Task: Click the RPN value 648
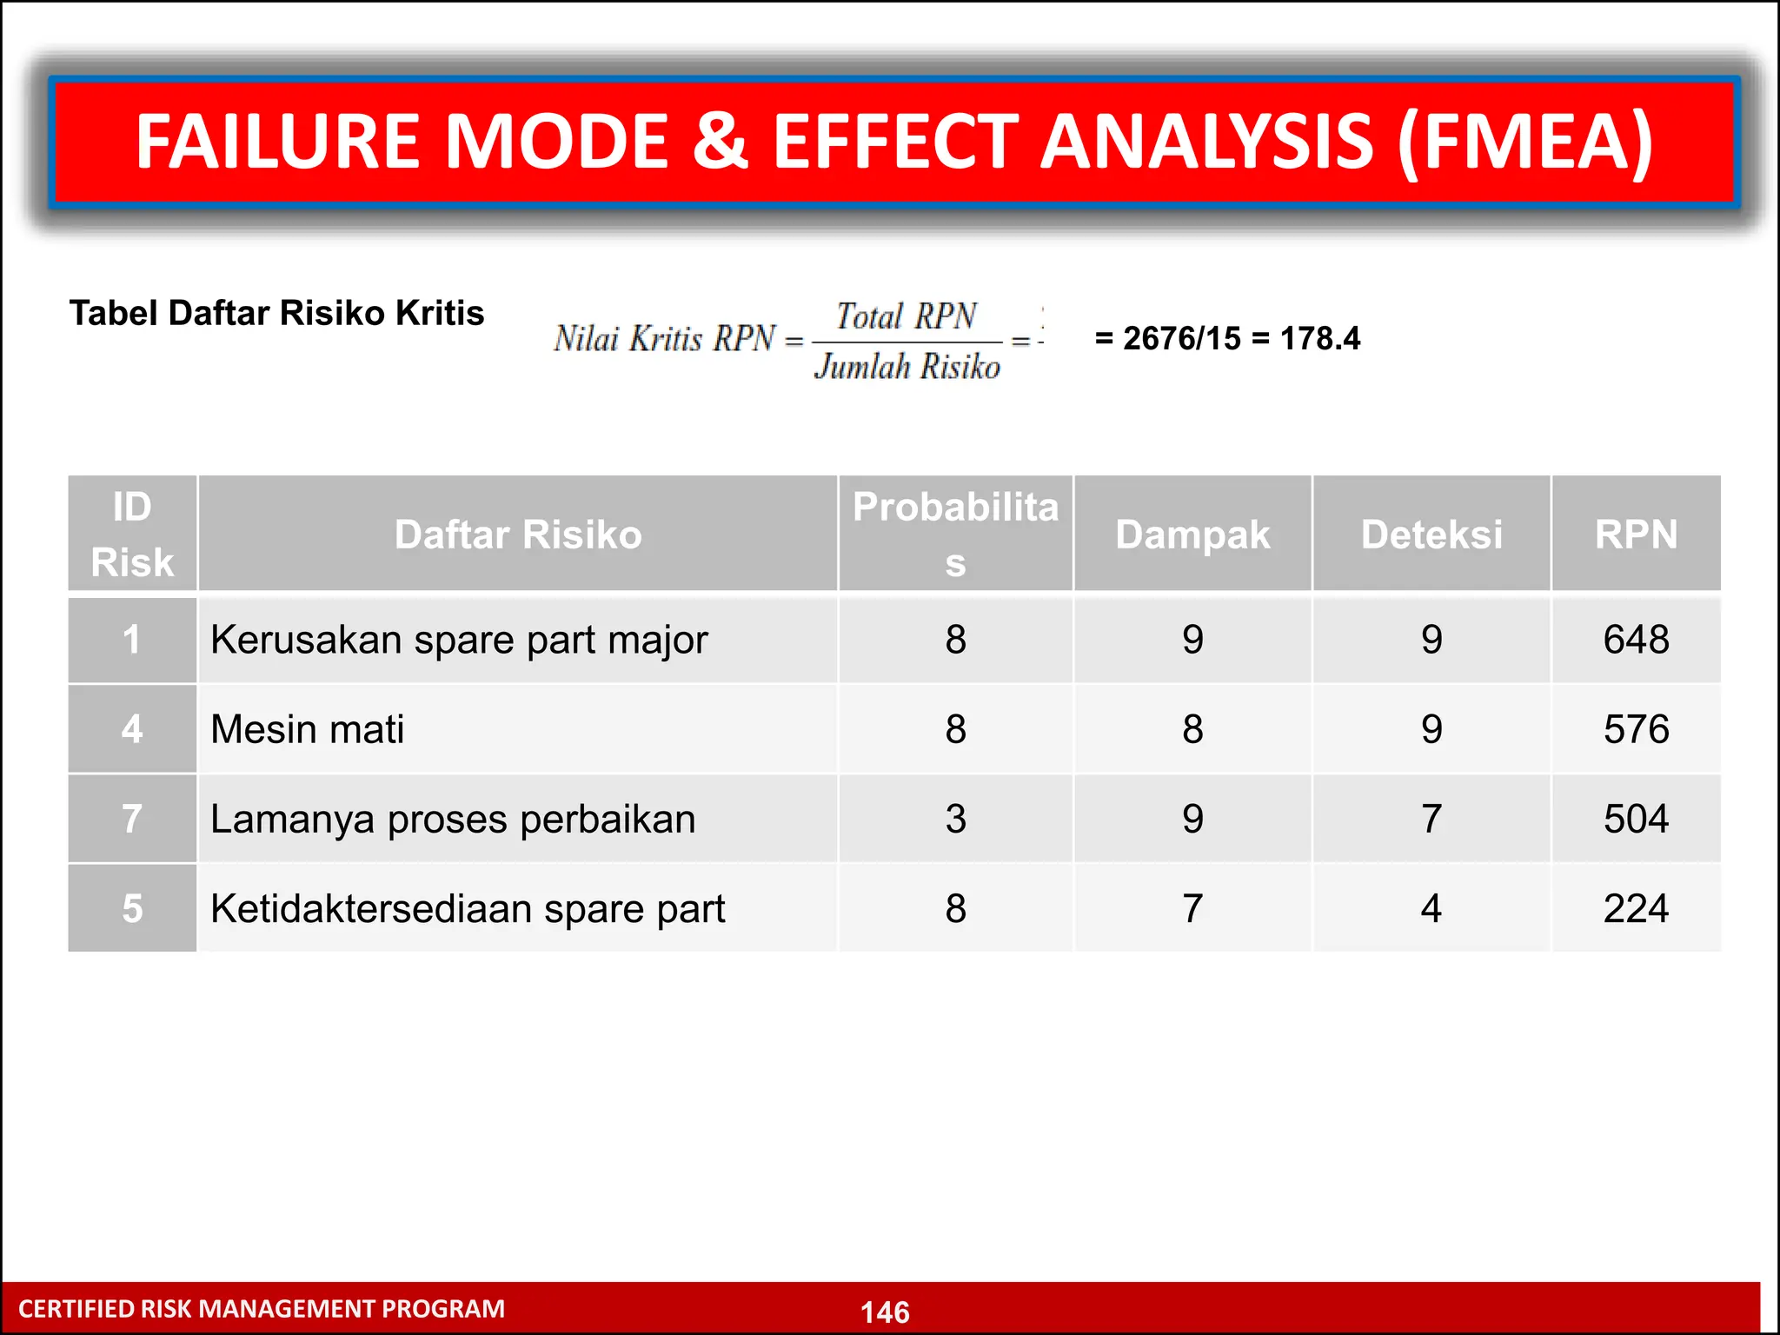point(1636,640)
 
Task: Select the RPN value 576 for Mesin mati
point(1636,729)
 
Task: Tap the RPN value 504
point(1636,819)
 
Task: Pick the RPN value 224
point(1636,909)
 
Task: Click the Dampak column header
point(1192,535)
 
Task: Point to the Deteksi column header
point(1431,535)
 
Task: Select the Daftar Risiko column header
point(518,535)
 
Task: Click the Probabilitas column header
point(955,534)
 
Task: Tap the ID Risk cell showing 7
point(132,819)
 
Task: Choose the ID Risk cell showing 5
point(132,909)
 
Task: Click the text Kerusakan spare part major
point(459,641)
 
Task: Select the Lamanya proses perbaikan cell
point(453,820)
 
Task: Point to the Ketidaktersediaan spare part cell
point(468,909)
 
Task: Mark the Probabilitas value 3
point(955,819)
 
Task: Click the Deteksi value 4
point(1431,909)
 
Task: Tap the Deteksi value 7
point(1431,819)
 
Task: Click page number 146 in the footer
point(885,1312)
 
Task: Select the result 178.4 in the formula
point(1319,338)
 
